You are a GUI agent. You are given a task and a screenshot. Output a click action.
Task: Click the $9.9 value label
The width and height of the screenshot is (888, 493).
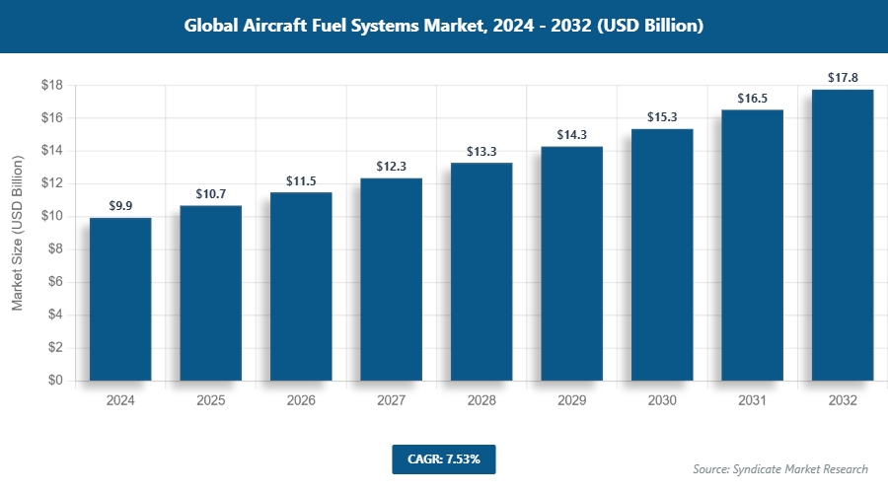(120, 206)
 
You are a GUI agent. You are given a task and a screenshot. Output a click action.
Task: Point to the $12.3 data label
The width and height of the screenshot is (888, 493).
(391, 167)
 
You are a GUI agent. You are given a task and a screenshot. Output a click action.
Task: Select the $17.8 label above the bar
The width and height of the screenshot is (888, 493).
(843, 77)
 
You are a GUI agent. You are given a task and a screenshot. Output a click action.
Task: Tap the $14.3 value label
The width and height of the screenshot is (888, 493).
(571, 134)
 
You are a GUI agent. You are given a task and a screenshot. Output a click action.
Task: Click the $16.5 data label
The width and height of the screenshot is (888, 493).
(752, 99)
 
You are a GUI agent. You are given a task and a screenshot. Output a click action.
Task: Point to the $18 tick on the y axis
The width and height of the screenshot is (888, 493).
(52, 86)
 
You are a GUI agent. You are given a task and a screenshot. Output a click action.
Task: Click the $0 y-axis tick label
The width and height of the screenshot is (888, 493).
(55, 381)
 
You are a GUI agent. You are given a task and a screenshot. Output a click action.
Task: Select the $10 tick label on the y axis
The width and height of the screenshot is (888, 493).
(52, 217)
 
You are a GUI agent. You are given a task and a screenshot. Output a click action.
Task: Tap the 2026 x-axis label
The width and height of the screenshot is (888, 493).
(301, 401)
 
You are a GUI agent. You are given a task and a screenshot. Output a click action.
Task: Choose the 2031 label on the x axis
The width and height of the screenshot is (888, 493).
(752, 401)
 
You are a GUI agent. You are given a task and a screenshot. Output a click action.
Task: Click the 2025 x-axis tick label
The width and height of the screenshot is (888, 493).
(210, 401)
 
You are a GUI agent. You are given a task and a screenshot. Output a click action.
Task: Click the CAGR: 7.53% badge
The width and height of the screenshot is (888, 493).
(443, 458)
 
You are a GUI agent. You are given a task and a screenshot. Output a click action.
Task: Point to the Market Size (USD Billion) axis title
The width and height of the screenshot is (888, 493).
(17, 233)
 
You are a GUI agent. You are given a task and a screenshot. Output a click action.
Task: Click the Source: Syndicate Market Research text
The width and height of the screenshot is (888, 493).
(779, 468)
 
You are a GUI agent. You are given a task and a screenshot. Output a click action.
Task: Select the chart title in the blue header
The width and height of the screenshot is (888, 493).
(444, 27)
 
